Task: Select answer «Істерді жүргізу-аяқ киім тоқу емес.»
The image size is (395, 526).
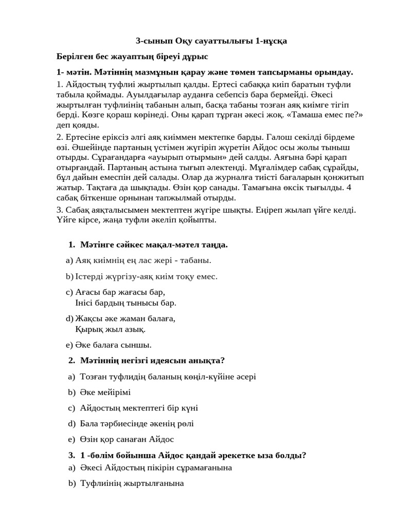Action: coord(146,276)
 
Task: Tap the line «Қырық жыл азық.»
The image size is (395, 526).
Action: coord(110,329)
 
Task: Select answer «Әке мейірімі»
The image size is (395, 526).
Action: coord(105,392)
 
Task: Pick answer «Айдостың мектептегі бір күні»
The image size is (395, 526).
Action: coord(139,408)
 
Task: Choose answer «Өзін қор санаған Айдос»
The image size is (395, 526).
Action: coord(127,439)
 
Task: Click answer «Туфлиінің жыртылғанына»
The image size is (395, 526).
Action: coord(132,483)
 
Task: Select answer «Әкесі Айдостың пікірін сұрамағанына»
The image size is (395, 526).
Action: coord(156,467)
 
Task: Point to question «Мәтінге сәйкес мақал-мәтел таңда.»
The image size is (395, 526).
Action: coord(154,245)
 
